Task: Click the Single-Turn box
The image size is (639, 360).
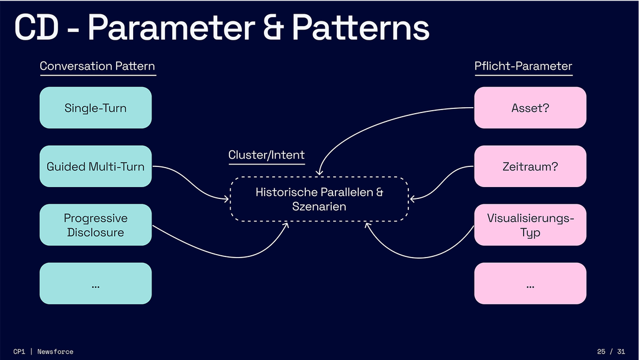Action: click(95, 108)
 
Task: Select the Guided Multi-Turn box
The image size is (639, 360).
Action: click(95, 166)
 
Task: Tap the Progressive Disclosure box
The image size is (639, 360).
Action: click(95, 225)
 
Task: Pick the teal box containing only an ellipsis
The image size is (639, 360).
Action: click(95, 284)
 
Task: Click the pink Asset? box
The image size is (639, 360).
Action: click(530, 108)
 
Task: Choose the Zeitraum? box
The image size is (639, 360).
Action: click(530, 166)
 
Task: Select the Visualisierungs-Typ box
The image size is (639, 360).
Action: click(530, 225)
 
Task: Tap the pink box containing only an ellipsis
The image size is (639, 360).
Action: click(530, 284)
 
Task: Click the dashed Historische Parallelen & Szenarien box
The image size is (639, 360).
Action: click(319, 200)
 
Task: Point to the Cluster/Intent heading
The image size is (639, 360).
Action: click(266, 156)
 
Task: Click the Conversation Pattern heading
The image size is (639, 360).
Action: click(98, 66)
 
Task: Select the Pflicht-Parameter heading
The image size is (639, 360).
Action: click(524, 66)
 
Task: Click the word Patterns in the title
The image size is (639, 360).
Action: click(360, 28)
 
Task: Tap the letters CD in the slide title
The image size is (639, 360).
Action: click(36, 28)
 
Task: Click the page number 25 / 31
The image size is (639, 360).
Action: click(611, 352)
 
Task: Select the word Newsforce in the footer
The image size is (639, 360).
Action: click(56, 352)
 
